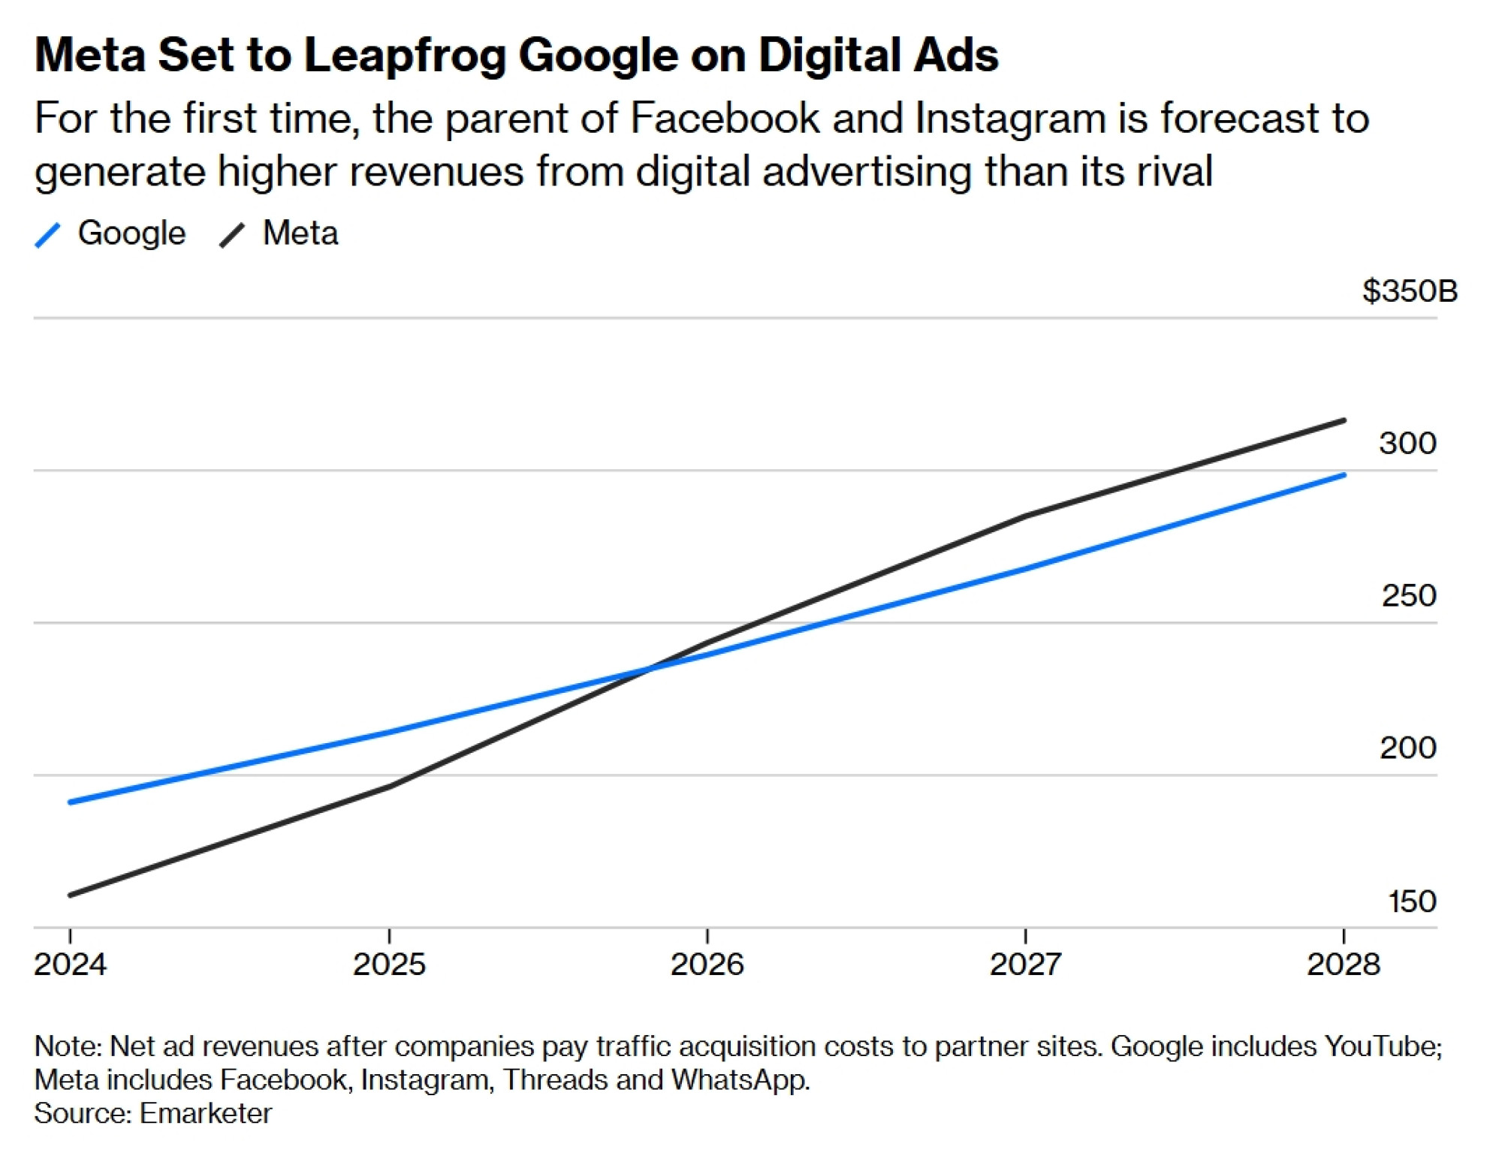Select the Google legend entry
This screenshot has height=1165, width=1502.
(111, 233)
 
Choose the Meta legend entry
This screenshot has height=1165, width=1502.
(279, 233)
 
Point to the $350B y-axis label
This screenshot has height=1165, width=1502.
(1410, 291)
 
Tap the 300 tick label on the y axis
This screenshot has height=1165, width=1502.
(1407, 443)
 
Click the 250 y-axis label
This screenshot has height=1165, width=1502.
(1409, 595)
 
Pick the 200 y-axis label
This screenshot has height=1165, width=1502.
(1407, 748)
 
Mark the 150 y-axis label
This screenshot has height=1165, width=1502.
(1412, 901)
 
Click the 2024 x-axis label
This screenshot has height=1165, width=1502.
(71, 965)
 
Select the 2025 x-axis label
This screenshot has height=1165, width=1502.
(389, 965)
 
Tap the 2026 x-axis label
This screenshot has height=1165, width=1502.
(707, 965)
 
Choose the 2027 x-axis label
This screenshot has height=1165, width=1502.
(1025, 965)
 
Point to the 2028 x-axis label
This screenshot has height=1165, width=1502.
(1343, 965)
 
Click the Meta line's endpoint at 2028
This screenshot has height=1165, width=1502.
(1344, 420)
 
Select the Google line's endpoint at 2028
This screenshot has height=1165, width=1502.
(1344, 475)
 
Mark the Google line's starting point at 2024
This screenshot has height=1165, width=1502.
(71, 802)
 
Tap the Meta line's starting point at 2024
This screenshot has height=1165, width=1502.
(71, 895)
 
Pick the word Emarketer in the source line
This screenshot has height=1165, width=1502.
(205, 1113)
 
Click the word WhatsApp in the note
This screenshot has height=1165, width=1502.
(740, 1080)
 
